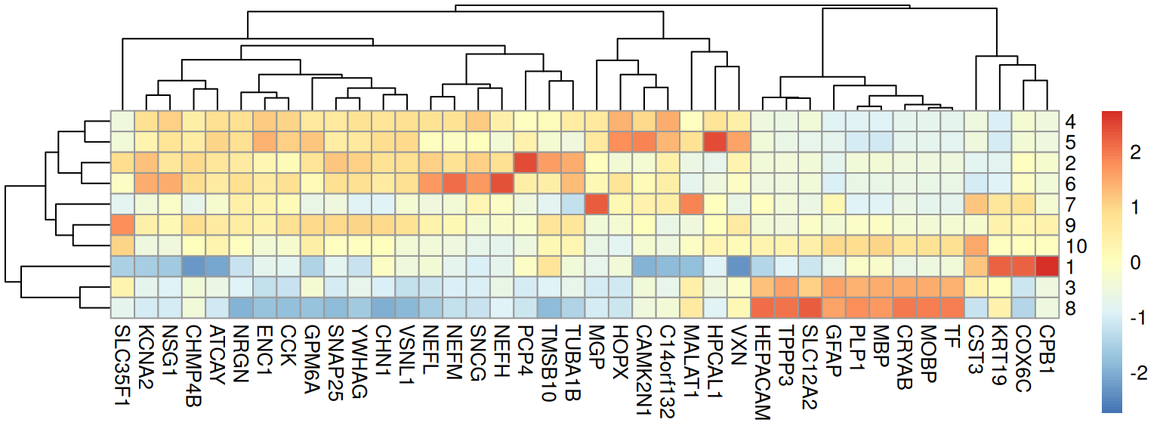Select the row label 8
pyautogui.click(x=1072, y=308)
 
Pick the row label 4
pyautogui.click(x=1072, y=121)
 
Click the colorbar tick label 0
pyautogui.click(x=1133, y=261)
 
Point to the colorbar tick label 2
pyautogui.click(x=1133, y=152)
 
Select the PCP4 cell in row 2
pyautogui.click(x=526, y=162)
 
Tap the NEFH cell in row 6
pyautogui.click(x=502, y=183)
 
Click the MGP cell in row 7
pyautogui.click(x=597, y=204)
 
